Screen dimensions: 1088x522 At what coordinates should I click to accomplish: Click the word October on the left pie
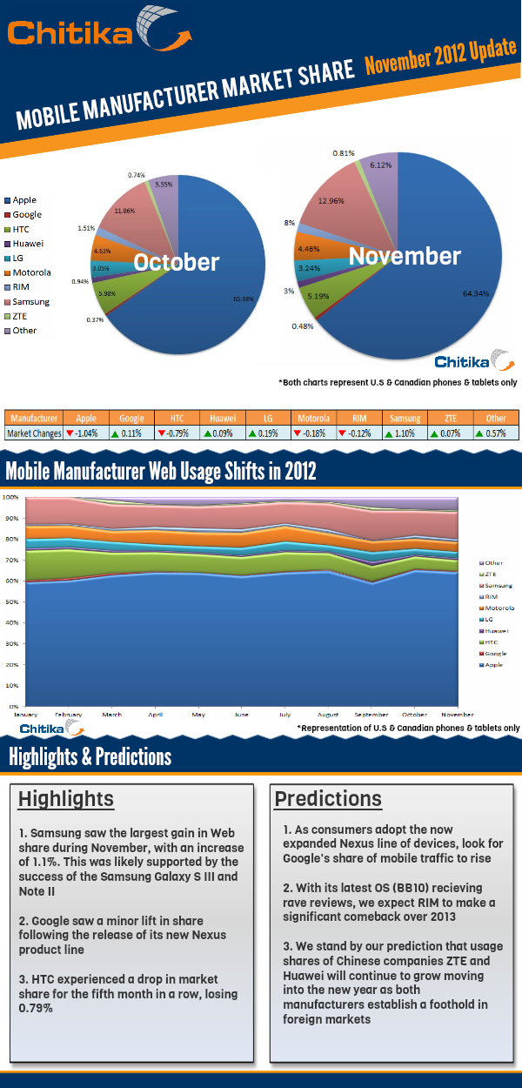tap(176, 262)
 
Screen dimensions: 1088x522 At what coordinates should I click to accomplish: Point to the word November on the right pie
tap(405, 257)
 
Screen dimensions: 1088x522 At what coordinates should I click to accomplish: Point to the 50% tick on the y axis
tap(11, 601)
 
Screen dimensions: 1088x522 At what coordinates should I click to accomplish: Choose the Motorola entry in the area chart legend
tap(499, 608)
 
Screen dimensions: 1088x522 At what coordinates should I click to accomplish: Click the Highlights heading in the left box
tap(66, 799)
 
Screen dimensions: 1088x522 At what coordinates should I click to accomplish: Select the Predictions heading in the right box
tap(328, 799)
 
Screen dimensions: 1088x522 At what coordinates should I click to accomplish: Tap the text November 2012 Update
tap(440, 57)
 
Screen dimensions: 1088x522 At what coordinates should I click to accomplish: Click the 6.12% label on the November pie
tap(379, 165)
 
